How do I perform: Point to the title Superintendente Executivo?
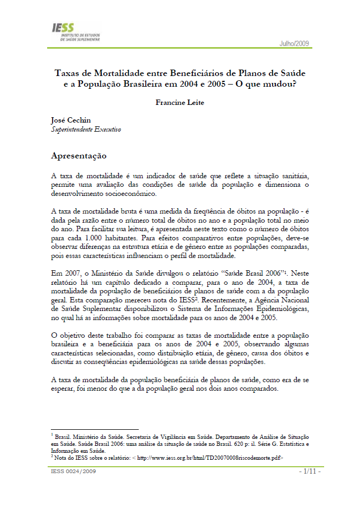click(86, 130)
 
